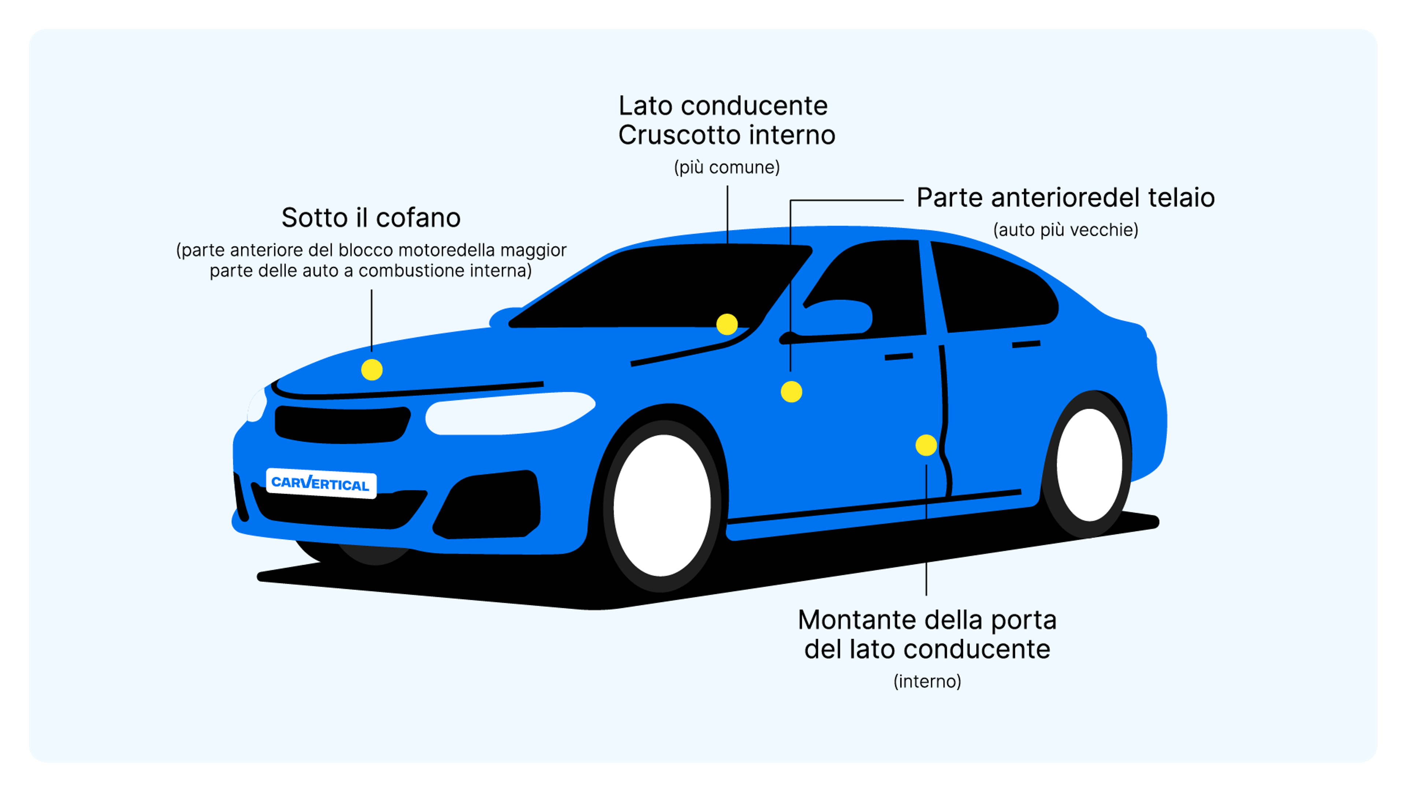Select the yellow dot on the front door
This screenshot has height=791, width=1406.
(x=791, y=391)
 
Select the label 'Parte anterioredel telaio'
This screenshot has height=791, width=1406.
(x=1065, y=198)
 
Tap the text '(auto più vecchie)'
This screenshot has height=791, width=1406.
(x=1065, y=230)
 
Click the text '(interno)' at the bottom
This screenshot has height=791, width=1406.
(x=927, y=681)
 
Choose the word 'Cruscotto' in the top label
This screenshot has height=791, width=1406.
(x=678, y=135)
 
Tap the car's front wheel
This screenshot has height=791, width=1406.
(x=662, y=505)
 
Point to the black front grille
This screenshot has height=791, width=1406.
(x=342, y=424)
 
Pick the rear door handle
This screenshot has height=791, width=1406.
(x=1026, y=344)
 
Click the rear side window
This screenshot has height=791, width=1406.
(x=993, y=289)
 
